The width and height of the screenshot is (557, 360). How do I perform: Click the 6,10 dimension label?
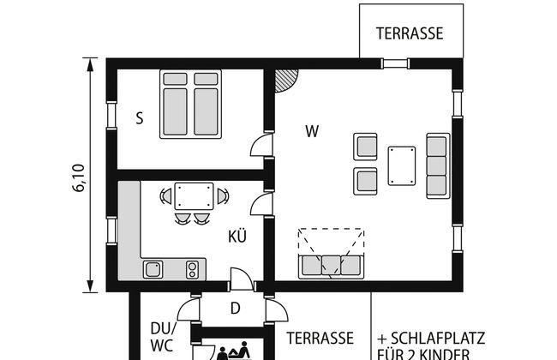(79, 177)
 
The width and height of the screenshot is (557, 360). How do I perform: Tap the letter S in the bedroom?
(140, 118)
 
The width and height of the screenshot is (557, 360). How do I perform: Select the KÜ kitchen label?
(237, 236)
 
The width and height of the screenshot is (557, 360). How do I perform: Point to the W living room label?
(312, 131)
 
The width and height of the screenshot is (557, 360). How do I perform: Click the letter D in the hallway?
(235, 309)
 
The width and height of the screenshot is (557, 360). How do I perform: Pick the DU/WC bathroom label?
(163, 337)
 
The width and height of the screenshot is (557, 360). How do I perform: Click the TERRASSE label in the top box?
(410, 33)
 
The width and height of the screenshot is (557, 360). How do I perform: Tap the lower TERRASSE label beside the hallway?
(320, 338)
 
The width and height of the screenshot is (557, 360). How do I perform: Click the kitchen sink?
(153, 269)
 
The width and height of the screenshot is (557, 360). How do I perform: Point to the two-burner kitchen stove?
(192, 270)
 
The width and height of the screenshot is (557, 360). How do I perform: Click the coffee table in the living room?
(401, 165)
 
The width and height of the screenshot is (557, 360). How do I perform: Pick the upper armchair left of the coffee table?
(365, 147)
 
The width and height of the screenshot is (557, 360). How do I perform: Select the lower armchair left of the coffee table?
(365, 181)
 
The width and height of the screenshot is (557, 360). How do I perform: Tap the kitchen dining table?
(194, 196)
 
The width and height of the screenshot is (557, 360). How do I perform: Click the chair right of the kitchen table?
(223, 196)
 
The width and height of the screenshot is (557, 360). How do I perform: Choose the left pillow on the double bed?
(175, 79)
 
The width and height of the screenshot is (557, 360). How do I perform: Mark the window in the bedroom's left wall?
(112, 115)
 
